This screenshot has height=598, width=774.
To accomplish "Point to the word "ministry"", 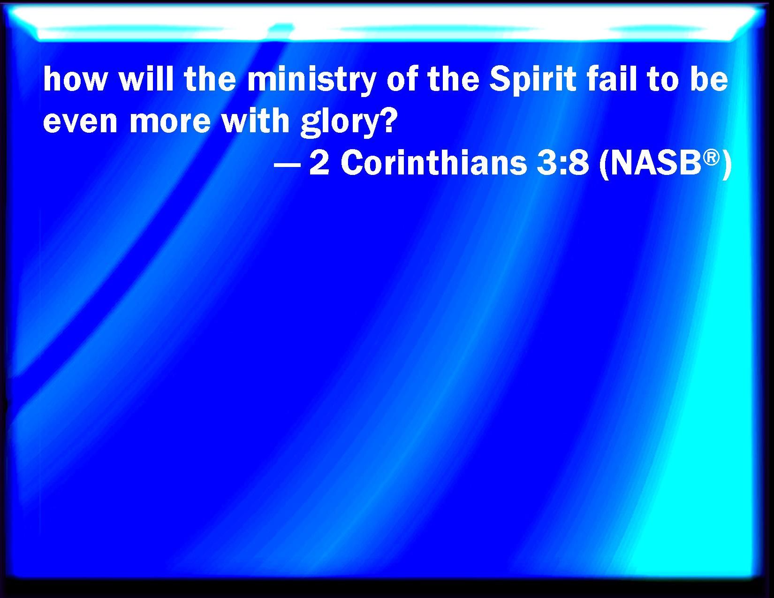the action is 311,81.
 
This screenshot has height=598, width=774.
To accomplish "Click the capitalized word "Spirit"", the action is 533,81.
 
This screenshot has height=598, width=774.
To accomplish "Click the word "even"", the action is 80,122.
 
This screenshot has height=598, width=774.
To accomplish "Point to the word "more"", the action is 170,122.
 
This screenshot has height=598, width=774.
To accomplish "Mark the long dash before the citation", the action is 288,165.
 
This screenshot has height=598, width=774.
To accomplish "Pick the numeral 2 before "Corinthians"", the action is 319,162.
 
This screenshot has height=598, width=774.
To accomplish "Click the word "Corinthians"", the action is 434,162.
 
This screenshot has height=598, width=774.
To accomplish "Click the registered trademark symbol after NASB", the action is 712,158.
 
